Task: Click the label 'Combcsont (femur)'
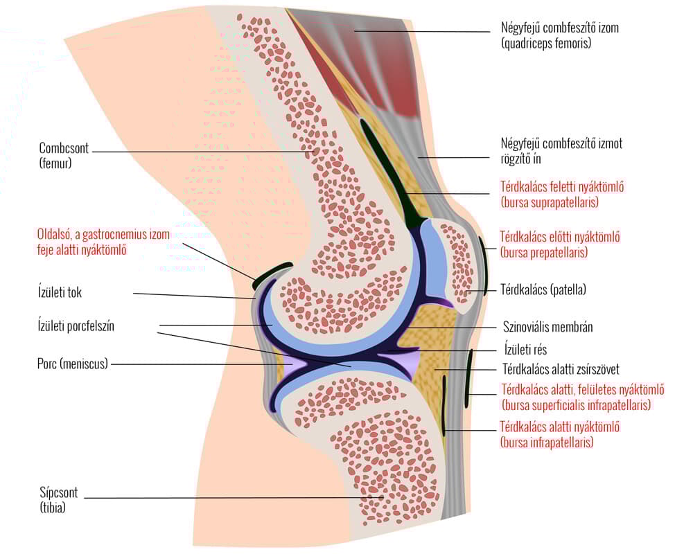pyautogui.click(x=61, y=156)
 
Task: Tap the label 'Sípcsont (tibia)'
pyautogui.click(x=58, y=500)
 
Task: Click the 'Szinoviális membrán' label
pyautogui.click(x=547, y=327)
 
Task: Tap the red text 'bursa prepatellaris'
pyautogui.click(x=543, y=253)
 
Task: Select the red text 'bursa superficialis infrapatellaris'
pyautogui.click(x=575, y=405)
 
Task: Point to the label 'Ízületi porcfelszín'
pyautogui.click(x=76, y=326)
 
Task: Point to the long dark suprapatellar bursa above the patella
pyautogui.click(x=388, y=173)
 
